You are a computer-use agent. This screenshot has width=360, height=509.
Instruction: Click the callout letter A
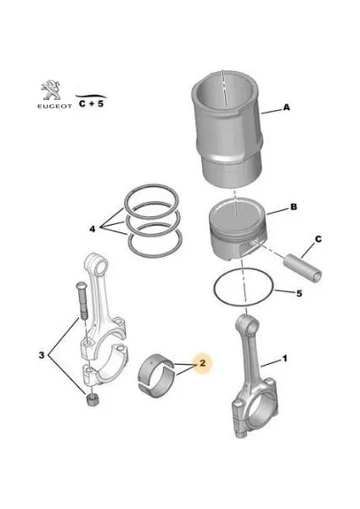286,107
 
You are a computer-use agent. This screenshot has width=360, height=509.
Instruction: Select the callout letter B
294,206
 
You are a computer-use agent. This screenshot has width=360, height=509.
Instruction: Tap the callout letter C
318,239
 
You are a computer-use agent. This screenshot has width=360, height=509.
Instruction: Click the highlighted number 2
202,362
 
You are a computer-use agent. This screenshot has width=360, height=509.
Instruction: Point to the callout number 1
284,358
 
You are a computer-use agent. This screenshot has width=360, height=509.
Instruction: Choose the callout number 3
42,355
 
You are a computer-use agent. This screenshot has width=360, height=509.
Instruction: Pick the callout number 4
93,229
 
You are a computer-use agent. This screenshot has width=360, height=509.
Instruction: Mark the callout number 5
299,294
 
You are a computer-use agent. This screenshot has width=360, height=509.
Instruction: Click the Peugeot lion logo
50,90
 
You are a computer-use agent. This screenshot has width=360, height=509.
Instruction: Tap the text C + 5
92,103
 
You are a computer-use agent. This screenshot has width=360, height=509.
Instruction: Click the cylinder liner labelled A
227,131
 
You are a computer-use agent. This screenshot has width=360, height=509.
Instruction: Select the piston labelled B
238,229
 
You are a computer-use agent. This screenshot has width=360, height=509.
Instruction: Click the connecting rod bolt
82,301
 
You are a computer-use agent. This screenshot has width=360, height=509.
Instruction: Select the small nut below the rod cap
93,400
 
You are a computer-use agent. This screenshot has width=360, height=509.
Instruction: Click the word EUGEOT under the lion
54,106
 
